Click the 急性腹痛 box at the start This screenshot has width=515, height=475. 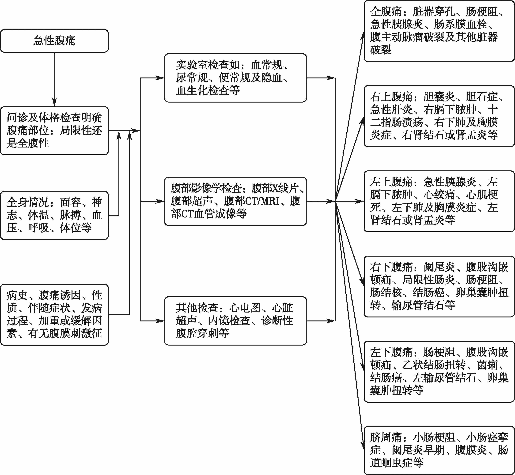(x=54, y=41)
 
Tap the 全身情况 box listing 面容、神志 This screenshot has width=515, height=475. (x=54, y=215)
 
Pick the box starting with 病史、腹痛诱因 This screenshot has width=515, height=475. (x=54, y=315)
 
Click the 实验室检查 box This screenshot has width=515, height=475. (x=235, y=78)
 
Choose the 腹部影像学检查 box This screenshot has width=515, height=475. (x=235, y=201)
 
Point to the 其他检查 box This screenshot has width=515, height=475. (x=235, y=321)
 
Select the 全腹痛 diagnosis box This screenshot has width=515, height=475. (x=439, y=31)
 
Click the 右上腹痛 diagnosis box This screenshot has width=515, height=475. (x=439, y=116)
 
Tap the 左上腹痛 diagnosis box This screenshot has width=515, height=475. (x=439, y=201)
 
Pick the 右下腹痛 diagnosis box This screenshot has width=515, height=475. (x=439, y=286)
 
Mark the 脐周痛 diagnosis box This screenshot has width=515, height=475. (x=439, y=450)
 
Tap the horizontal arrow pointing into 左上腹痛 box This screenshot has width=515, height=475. (x=349, y=201)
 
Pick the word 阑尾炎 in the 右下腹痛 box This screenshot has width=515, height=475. (x=440, y=267)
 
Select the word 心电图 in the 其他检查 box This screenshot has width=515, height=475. (x=245, y=308)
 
